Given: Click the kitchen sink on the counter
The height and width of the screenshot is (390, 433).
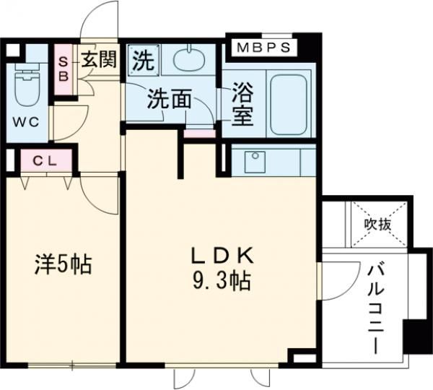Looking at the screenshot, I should pyautogui.click(x=253, y=162).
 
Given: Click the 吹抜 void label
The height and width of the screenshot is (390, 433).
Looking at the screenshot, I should pyautogui.click(x=377, y=223).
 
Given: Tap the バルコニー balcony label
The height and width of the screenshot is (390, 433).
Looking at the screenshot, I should pyautogui.click(x=377, y=308).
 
